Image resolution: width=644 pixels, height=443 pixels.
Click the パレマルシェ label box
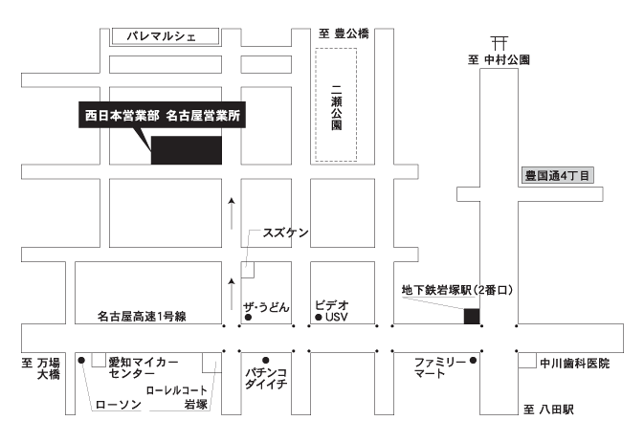(x=166, y=36)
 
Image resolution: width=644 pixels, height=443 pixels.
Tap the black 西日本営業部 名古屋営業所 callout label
(x=163, y=115)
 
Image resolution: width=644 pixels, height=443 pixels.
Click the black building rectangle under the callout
(x=187, y=150)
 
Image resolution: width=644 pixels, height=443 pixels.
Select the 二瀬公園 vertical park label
(x=337, y=107)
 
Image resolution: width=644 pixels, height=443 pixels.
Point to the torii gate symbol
(x=500, y=43)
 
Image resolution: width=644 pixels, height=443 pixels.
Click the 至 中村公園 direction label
(x=499, y=60)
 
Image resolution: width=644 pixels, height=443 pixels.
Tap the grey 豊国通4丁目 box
(x=557, y=176)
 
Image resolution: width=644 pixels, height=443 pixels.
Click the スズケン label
(x=285, y=233)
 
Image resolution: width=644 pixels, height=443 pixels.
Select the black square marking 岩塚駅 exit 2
(x=472, y=316)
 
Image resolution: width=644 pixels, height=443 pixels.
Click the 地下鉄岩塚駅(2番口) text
(x=457, y=290)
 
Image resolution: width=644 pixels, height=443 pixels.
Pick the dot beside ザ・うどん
(x=248, y=318)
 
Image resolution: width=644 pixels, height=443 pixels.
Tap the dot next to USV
(x=318, y=317)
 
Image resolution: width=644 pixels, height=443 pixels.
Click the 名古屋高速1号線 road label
(x=142, y=316)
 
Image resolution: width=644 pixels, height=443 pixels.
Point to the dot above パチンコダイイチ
(x=266, y=361)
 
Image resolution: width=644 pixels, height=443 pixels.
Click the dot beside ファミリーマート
(x=473, y=361)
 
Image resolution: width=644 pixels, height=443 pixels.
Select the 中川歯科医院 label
(x=574, y=364)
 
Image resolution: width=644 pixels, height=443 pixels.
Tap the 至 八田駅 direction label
(x=548, y=410)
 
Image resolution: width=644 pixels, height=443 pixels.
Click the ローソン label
(x=119, y=405)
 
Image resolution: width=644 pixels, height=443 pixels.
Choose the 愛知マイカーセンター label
(x=144, y=367)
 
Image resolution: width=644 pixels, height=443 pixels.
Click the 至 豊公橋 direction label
(x=344, y=33)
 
